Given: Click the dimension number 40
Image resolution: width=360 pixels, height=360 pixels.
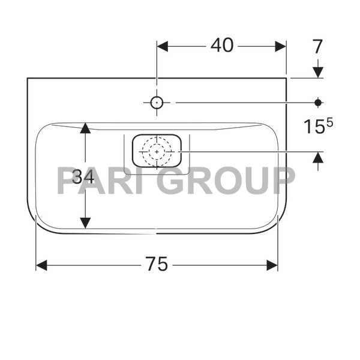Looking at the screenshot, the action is click(x=222, y=45).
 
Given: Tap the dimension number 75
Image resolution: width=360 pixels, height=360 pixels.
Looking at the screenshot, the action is click(x=157, y=264).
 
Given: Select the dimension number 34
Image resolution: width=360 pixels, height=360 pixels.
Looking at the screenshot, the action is click(x=83, y=177).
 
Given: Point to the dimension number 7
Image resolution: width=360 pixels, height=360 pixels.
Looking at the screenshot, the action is click(x=317, y=46).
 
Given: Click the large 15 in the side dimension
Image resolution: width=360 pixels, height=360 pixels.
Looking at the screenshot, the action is click(x=314, y=127).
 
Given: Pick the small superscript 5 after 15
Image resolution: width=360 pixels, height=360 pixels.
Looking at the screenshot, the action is click(x=329, y=123).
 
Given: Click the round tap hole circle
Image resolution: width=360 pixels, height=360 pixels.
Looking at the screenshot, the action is click(x=157, y=103).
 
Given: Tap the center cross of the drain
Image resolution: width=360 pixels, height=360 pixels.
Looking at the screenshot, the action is click(x=157, y=152).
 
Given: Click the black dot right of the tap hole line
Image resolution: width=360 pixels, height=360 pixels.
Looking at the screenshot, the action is click(x=318, y=103).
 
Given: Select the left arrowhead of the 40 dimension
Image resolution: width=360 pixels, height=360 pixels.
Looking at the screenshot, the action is click(x=163, y=46).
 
